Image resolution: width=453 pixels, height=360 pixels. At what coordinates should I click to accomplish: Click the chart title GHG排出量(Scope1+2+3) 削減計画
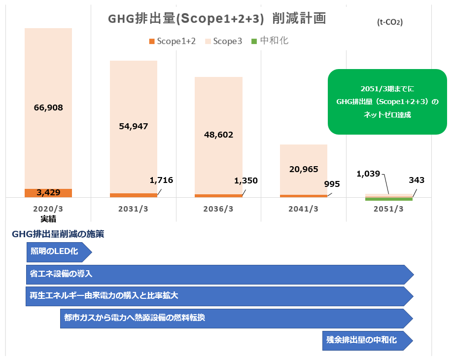pyautogui.click(x=217, y=19)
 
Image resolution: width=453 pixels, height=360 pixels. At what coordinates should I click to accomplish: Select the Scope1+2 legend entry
pyautogui.click(x=172, y=41)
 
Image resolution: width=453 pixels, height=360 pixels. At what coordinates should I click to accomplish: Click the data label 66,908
pyautogui.click(x=48, y=107)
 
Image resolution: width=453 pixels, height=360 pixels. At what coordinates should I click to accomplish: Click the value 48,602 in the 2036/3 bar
pyautogui.click(x=218, y=135)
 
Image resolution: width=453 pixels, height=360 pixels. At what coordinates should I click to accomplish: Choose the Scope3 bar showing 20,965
pyautogui.click(x=304, y=169)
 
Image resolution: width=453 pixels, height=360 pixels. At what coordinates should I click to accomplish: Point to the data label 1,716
pyautogui.click(x=162, y=180)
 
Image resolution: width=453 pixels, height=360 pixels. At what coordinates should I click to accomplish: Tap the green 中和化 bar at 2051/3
pyautogui.click(x=389, y=199)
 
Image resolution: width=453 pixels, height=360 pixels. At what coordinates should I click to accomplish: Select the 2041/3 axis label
pyautogui.click(x=303, y=209)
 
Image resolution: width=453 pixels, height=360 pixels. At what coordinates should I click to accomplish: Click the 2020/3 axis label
pyautogui.click(x=48, y=209)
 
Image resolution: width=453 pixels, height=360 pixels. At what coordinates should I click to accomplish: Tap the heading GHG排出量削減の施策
pyautogui.click(x=58, y=234)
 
